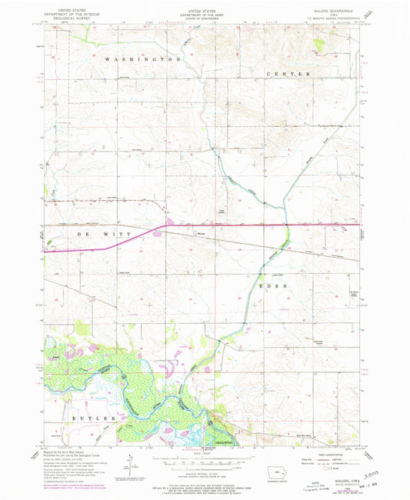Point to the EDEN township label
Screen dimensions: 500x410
pyautogui.click(x=275, y=285)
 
